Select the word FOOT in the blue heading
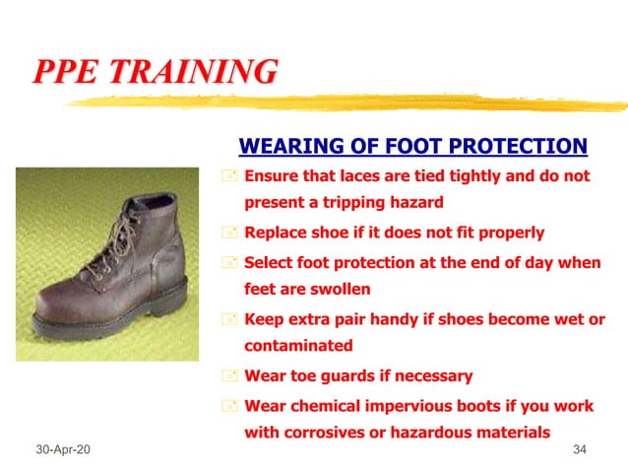point(407,148)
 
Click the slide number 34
point(579,450)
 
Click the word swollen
point(340,290)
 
